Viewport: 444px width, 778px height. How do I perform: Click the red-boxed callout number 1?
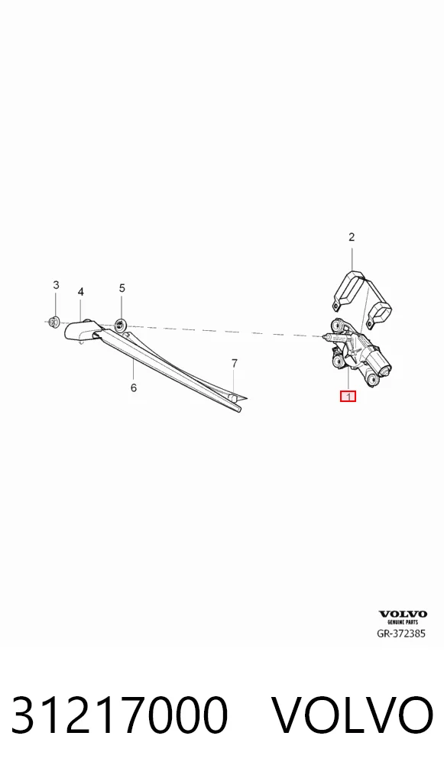tap(348, 397)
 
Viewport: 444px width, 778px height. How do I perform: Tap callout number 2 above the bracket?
tap(352, 237)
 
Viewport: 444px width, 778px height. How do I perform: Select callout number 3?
tap(56, 285)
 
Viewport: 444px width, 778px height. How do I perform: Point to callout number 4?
tap(81, 292)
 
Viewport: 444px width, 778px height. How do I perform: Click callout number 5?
tap(122, 288)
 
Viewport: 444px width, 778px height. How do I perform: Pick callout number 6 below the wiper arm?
tap(134, 387)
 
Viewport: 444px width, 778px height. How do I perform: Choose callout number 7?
tap(235, 363)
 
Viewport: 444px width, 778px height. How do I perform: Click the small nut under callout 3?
tap(55, 323)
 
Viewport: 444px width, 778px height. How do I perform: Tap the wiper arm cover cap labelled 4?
tap(83, 330)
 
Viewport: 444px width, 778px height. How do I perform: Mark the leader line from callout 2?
tap(352, 257)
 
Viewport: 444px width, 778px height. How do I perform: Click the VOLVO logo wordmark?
tap(403, 614)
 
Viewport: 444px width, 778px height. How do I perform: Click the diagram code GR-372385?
tap(401, 634)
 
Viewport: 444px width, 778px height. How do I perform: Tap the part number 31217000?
tap(119, 715)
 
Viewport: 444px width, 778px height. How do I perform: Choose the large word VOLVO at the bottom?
tap(353, 715)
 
